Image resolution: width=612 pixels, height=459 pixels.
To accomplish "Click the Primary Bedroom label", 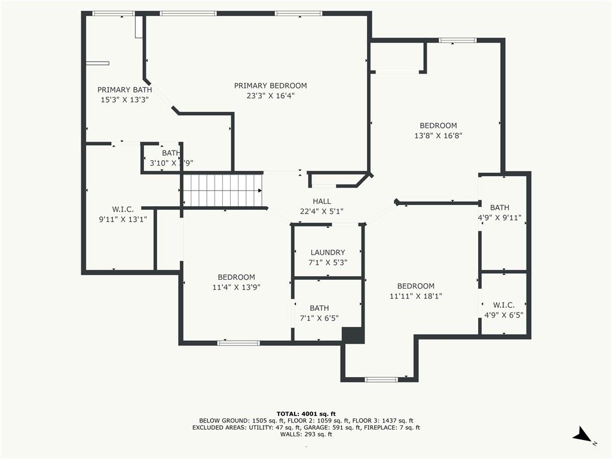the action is (x=270, y=85).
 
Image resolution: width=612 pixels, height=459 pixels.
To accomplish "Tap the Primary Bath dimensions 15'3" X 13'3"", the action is (x=124, y=100).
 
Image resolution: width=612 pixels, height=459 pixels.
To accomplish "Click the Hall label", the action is (x=322, y=201).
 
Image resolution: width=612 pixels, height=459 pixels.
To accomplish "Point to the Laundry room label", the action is (x=328, y=253).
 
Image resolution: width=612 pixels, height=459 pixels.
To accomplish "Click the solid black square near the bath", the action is (x=353, y=335).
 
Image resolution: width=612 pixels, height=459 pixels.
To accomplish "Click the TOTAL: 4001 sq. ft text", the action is (x=306, y=414).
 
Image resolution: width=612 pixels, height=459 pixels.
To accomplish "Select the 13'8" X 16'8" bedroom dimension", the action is (x=438, y=136).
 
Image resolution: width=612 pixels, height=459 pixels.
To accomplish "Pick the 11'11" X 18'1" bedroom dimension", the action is (x=416, y=296).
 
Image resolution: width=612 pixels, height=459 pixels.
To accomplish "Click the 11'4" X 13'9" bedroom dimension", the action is (x=236, y=287).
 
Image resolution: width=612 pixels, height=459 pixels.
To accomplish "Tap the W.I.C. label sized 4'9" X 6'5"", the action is (x=503, y=305).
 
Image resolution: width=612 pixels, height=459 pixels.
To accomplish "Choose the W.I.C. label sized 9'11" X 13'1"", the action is (x=123, y=209).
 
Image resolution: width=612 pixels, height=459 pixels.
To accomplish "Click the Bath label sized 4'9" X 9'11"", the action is (x=500, y=207).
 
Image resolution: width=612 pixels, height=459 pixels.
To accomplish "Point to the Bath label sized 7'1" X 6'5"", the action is (x=319, y=308).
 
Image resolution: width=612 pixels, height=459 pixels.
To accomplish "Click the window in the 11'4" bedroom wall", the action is (x=238, y=343).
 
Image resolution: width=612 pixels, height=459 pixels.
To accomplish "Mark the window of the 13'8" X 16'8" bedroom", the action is (x=457, y=40).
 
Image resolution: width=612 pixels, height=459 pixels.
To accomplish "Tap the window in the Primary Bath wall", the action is (x=114, y=14).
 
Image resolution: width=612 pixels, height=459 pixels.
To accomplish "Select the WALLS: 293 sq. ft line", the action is (x=306, y=434).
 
